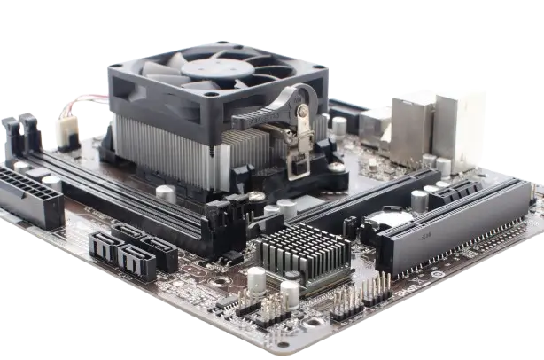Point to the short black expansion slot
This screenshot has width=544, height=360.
tap(455, 190)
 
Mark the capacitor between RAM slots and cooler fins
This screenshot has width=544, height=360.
tap(165, 193)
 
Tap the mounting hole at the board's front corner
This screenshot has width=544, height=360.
tap(283, 345)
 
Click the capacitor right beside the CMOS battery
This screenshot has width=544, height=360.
tap(419, 200)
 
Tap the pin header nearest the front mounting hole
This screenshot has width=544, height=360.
tap(270, 307)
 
